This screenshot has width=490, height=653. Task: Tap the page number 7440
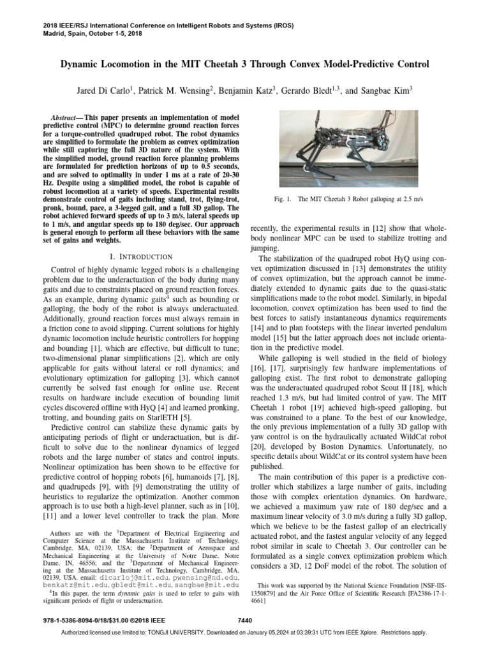[x=245, y=619]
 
